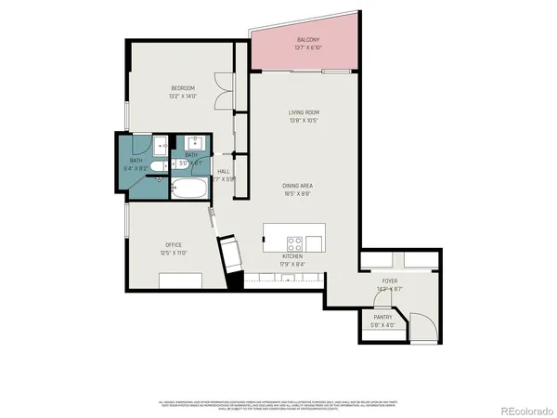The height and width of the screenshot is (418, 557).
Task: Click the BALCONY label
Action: click(308, 40)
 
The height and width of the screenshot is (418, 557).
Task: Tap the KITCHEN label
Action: click(294, 256)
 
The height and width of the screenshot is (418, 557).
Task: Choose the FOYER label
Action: click(390, 281)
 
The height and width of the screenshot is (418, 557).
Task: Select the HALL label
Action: click(224, 172)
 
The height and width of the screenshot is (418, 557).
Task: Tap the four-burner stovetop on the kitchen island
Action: click(294, 244)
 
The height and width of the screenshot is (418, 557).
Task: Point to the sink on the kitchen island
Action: click(316, 243)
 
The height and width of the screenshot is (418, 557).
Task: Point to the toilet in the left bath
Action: click(160, 166)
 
